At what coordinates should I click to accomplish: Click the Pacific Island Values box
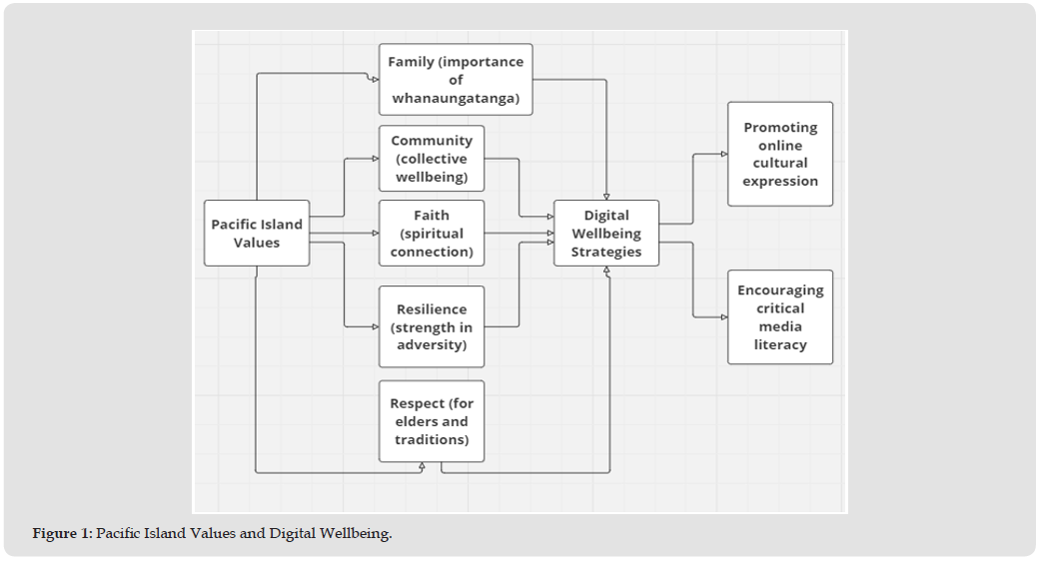click(257, 234)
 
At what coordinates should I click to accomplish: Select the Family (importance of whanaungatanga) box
click(456, 80)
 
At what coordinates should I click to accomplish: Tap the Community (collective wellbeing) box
click(432, 159)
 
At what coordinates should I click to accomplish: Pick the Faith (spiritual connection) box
click(432, 234)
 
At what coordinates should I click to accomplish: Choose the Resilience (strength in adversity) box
click(432, 327)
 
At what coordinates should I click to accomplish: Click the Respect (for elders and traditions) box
click(432, 421)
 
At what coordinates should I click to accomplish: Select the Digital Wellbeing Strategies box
click(606, 234)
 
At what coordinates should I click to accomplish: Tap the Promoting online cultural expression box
click(780, 155)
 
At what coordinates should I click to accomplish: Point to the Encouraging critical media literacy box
click(780, 317)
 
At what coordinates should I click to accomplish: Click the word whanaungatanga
click(456, 98)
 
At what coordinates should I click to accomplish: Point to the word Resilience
click(432, 309)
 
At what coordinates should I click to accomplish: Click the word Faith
click(432, 216)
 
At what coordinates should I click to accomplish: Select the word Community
click(432, 141)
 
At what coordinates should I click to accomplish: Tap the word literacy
click(780, 345)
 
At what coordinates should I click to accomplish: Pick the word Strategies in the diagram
click(606, 252)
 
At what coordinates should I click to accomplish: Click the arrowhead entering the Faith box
click(376, 234)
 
